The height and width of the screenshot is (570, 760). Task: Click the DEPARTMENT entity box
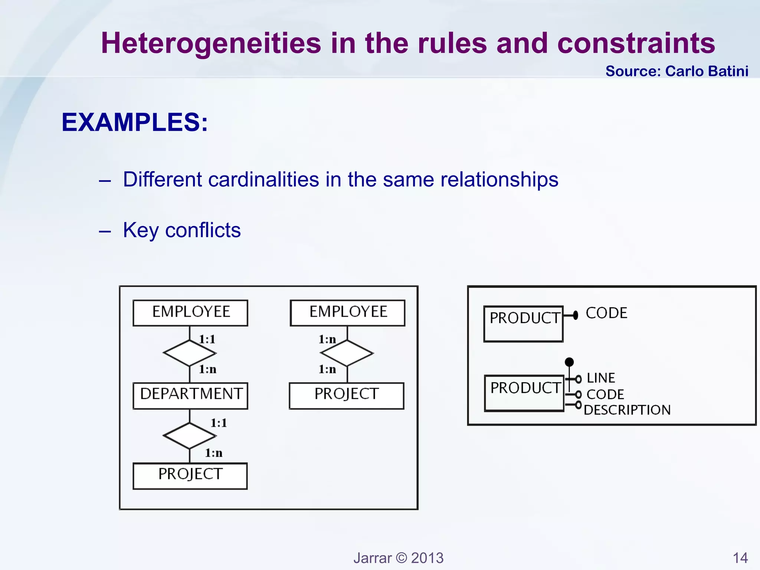coord(190,396)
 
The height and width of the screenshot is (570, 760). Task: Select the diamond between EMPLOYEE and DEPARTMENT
coord(190,353)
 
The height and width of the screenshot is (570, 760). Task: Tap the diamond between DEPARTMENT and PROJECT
coord(190,436)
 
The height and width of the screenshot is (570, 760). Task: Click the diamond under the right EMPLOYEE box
coord(347,353)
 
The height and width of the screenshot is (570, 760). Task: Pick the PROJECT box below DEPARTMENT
coord(190,476)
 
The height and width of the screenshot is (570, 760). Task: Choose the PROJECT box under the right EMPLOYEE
coord(347,396)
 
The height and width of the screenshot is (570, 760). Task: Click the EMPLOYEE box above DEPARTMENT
coord(190,313)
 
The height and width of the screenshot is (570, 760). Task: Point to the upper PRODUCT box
coord(523,323)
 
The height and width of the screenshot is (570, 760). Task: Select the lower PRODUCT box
coord(524,393)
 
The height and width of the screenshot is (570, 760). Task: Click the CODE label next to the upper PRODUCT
coord(606,313)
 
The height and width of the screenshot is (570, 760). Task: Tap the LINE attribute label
coord(601,378)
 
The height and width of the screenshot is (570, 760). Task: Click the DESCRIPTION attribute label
coord(627,410)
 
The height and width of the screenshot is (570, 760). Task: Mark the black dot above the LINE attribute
coord(569,362)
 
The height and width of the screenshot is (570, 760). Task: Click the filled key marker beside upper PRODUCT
coord(576,315)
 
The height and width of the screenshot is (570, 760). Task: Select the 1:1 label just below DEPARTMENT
coord(219,423)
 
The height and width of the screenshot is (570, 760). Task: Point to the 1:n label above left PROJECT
coord(214,453)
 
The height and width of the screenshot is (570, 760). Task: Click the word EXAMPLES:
coord(135,122)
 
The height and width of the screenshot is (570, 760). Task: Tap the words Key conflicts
coord(182,230)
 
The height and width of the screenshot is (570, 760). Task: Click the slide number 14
coord(740,558)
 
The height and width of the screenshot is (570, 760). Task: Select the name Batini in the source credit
coord(728,71)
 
